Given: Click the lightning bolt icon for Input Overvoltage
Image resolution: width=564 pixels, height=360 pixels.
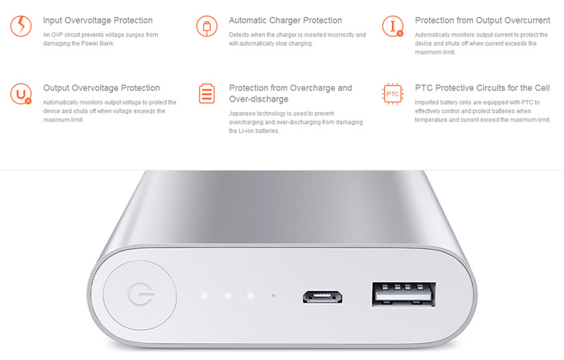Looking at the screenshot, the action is pyautogui.click(x=21, y=26).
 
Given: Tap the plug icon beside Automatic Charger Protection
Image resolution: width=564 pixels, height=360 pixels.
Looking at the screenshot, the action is pyautogui.click(x=207, y=26).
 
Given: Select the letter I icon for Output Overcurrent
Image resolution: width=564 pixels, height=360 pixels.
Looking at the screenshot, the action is pyautogui.click(x=393, y=26).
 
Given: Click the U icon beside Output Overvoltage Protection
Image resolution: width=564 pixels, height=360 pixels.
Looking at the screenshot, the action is pyautogui.click(x=21, y=94).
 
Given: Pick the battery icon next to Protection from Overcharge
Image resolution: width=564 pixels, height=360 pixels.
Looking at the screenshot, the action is pyautogui.click(x=207, y=94).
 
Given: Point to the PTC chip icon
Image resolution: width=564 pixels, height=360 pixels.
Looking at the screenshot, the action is pyautogui.click(x=393, y=94).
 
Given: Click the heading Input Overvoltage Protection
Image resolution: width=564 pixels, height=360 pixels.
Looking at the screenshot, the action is pyautogui.click(x=98, y=20).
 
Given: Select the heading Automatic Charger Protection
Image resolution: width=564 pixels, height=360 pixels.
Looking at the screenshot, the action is pyautogui.click(x=286, y=20).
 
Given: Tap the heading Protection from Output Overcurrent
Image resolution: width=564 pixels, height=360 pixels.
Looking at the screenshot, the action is pyautogui.click(x=482, y=20).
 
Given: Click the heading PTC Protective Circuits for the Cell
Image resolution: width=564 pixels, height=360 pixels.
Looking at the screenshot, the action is pyautogui.click(x=482, y=88).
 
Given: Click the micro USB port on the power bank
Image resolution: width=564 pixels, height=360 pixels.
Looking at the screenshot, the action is pyautogui.click(x=322, y=297).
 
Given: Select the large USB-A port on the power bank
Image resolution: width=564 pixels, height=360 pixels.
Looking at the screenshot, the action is pyautogui.click(x=404, y=294).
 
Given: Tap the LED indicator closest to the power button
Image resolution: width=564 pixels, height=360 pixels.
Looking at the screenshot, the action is pyautogui.click(x=204, y=296).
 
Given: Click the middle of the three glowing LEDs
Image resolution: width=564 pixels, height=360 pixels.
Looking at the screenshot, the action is pyautogui.click(x=227, y=296).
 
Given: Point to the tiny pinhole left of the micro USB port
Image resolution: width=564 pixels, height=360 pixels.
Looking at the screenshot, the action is pyautogui.click(x=274, y=296).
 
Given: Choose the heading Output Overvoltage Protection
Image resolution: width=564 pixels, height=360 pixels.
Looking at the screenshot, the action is pyautogui.click(x=102, y=88).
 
